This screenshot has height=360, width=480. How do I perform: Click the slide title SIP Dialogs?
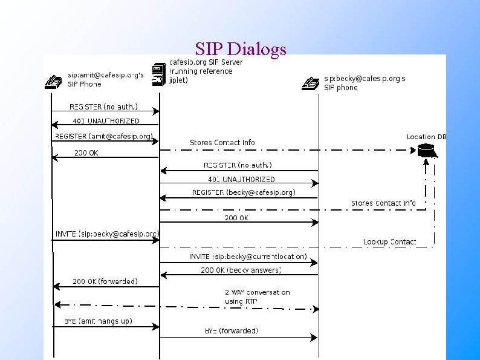click(x=241, y=48)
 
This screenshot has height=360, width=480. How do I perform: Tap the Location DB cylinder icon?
click(x=427, y=149)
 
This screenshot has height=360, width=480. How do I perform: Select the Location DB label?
click(x=426, y=137)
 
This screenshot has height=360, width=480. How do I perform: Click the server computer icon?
click(x=158, y=74)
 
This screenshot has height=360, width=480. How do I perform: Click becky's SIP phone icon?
click(x=311, y=83)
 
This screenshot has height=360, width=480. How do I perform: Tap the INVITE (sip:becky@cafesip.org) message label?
click(x=107, y=234)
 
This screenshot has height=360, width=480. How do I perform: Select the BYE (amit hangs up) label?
click(x=98, y=320)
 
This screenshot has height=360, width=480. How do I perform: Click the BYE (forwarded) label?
click(x=231, y=330)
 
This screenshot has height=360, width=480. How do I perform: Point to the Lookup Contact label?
click(x=390, y=242)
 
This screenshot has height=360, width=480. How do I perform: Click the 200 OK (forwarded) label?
click(x=105, y=281)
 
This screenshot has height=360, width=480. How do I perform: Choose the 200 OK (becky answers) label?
click(x=241, y=270)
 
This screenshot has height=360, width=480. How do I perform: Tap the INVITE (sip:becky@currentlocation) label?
click(x=248, y=257)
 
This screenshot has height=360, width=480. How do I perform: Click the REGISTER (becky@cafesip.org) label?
click(x=244, y=192)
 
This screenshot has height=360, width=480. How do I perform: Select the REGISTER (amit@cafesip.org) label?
click(x=104, y=136)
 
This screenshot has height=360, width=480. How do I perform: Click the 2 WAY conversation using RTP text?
click(x=257, y=296)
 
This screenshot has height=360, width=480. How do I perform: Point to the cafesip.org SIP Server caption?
click(x=206, y=71)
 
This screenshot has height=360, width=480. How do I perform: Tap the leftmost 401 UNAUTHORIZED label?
click(x=106, y=121)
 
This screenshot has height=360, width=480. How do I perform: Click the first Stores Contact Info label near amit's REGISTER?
click(x=222, y=143)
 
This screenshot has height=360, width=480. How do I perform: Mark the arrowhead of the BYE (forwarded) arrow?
click(x=314, y=337)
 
